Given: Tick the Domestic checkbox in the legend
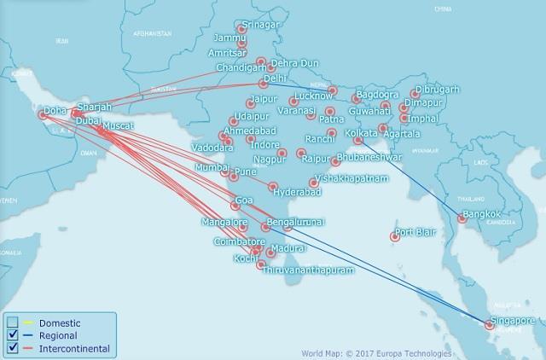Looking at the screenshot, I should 12,322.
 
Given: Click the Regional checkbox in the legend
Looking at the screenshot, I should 12,335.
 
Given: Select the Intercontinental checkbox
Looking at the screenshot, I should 12,348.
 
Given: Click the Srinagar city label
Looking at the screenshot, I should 259,26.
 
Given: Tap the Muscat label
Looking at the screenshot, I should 118,125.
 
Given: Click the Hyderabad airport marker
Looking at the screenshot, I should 274,187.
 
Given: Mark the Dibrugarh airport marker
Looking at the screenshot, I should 415,95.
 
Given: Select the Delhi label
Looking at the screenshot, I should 276,78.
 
